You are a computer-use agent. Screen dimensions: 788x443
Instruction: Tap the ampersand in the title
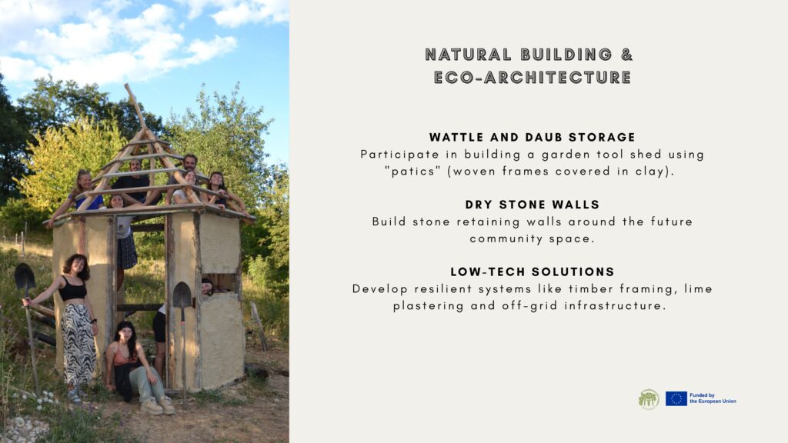626,55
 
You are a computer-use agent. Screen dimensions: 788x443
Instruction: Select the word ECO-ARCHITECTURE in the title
533,78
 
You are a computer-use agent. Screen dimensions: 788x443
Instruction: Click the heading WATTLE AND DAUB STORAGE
533,137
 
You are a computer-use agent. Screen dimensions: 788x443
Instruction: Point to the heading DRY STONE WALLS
533,205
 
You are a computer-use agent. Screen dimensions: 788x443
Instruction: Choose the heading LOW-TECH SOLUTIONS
533,271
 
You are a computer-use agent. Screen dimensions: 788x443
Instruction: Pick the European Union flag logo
676,399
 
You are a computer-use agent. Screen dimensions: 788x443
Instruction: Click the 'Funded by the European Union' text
713,398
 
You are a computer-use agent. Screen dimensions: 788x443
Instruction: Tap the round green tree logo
649,399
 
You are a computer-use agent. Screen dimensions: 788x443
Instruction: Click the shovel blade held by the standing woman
25,276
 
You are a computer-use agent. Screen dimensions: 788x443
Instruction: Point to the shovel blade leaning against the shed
182,295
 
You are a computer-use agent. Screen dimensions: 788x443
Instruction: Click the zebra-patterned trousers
78,344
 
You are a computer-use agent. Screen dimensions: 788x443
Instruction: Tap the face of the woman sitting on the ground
125,334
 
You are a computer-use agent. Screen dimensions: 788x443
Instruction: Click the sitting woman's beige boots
158,405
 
